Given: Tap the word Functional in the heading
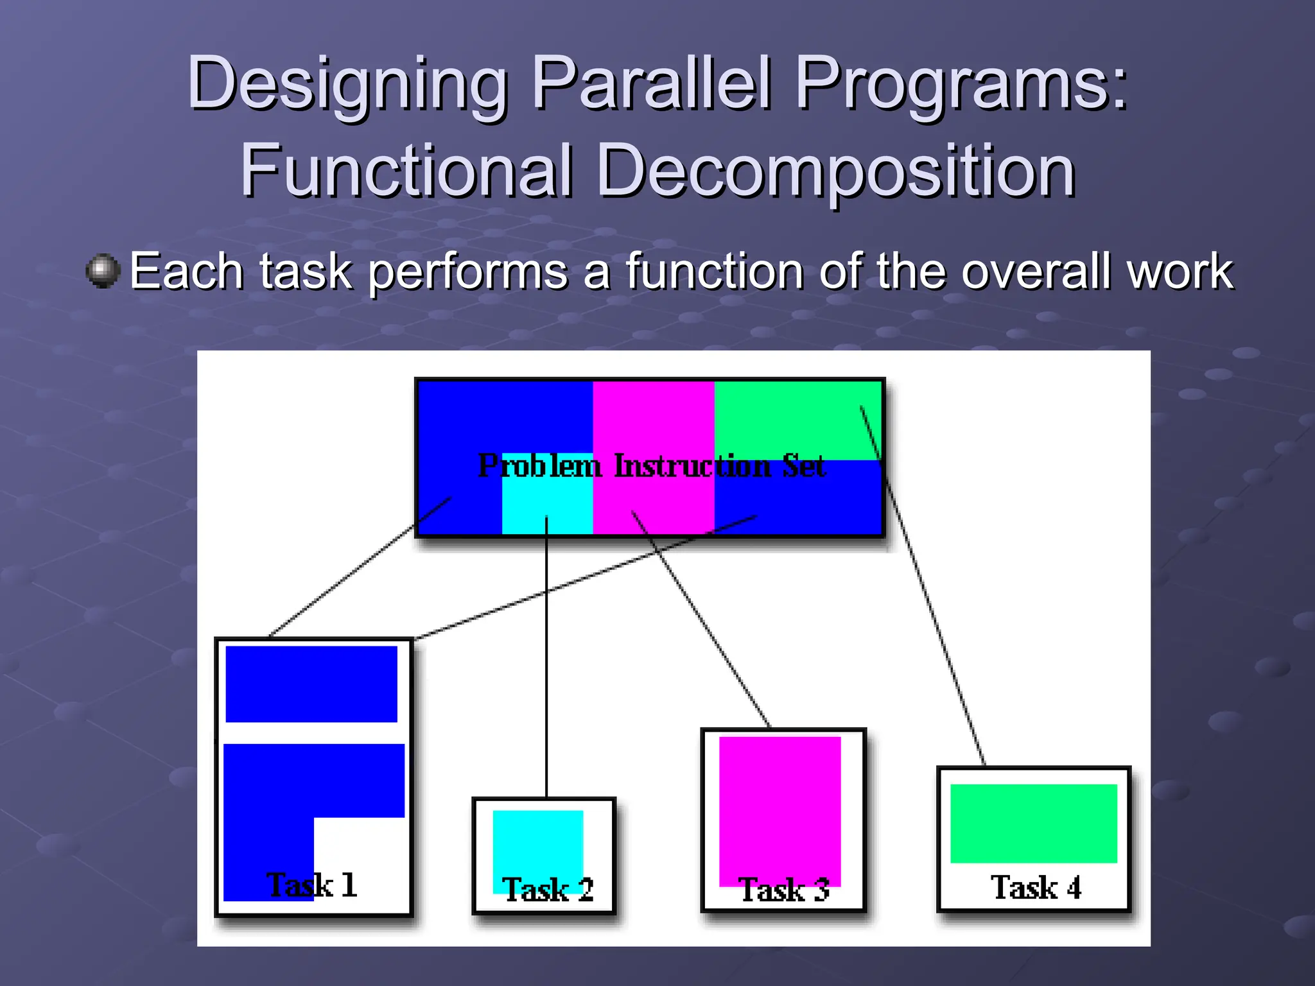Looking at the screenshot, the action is pyautogui.click(x=406, y=171).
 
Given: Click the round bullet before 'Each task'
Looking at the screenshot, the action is pyautogui.click(x=103, y=271).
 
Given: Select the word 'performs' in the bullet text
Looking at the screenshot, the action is pyautogui.click(x=468, y=272).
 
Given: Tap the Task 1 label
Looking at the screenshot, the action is pyautogui.click(x=312, y=885).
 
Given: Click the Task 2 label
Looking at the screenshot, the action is pyautogui.click(x=548, y=890).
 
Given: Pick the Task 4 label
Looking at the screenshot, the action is pyautogui.click(x=1036, y=888).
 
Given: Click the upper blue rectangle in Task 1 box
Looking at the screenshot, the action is pyautogui.click(x=311, y=684).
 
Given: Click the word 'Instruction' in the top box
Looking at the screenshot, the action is pyautogui.click(x=692, y=466).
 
